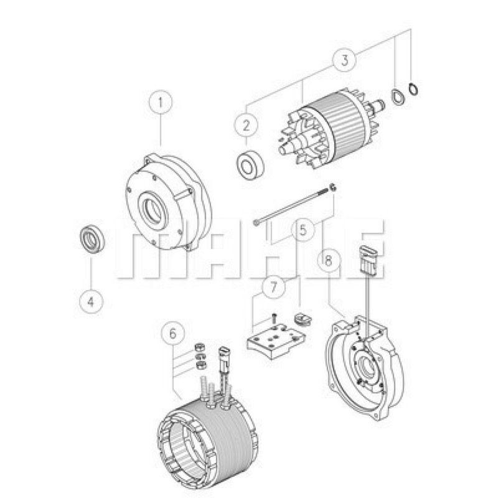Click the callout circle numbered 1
[161, 103]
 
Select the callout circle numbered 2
[246, 126]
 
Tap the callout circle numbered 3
[345, 60]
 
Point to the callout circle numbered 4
[91, 301]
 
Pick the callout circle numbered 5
[303, 229]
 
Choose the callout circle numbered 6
[173, 333]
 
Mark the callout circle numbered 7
[273, 287]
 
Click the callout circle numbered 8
[329, 260]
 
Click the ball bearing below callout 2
[250, 166]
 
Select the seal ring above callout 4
[92, 239]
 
